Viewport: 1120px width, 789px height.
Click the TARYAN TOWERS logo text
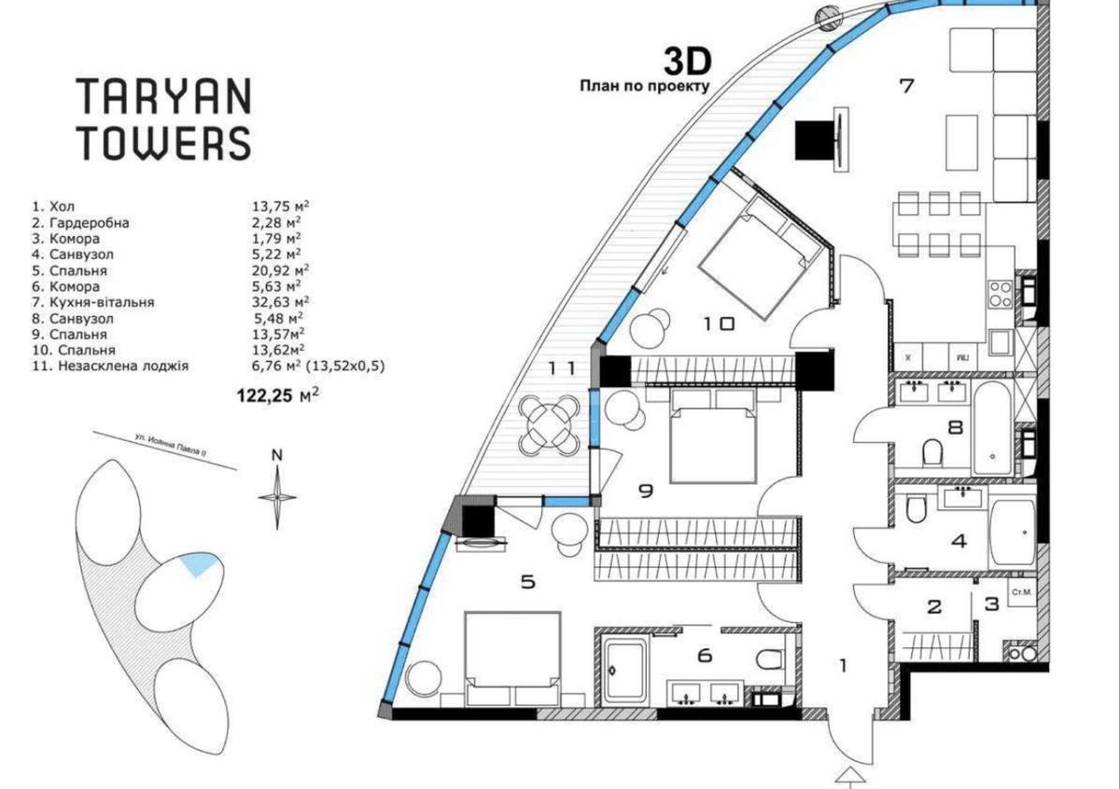(163, 118)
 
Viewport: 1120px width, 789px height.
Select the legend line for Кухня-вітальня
(105, 302)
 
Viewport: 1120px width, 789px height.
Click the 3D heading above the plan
(687, 62)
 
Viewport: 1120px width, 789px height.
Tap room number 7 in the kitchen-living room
(904, 87)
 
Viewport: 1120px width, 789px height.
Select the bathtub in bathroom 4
(1012, 533)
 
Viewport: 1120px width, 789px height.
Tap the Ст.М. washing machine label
(1021, 592)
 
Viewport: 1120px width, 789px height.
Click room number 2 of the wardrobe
(934, 607)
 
